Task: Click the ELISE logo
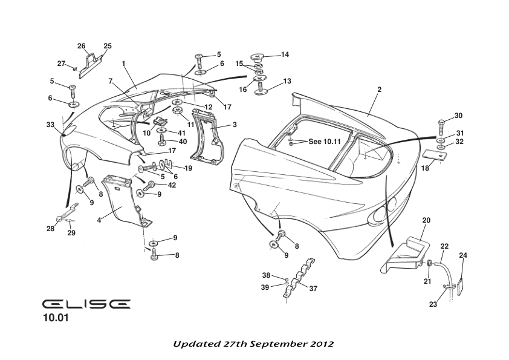tap(86, 304)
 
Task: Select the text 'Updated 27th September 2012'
tap(253, 343)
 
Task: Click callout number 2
tap(379, 90)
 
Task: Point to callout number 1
tap(123, 63)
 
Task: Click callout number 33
tap(50, 124)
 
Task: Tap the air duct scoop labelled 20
tap(405, 254)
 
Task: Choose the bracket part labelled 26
tap(89, 59)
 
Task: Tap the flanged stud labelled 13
tap(261, 89)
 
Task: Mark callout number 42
tap(172, 185)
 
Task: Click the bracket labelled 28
tap(65, 214)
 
